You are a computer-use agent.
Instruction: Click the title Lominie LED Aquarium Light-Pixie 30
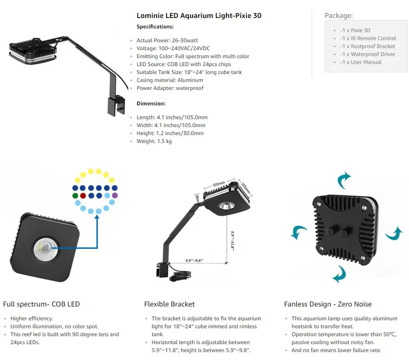(x=199, y=16)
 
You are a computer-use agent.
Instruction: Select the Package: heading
(x=339, y=16)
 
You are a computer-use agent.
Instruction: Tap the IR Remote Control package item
(x=368, y=38)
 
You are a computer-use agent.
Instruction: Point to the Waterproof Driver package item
(x=367, y=54)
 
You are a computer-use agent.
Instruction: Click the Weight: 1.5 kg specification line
(x=154, y=141)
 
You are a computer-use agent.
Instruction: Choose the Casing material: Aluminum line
(x=170, y=80)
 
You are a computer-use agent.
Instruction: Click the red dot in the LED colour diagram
(x=83, y=195)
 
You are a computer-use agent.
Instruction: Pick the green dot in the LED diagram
(x=75, y=195)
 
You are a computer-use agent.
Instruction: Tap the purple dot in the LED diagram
(x=114, y=195)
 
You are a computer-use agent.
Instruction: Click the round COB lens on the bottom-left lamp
(x=46, y=248)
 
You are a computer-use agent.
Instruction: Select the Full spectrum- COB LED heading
(x=41, y=304)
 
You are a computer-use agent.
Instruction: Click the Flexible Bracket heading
(x=169, y=304)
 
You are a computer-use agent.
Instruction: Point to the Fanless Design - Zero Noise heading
(x=328, y=304)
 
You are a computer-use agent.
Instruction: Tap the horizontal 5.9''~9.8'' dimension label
(x=194, y=260)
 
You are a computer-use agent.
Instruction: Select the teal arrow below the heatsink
(x=339, y=275)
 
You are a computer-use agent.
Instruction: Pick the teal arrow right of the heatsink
(x=394, y=234)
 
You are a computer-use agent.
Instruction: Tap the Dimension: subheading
(x=151, y=103)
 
